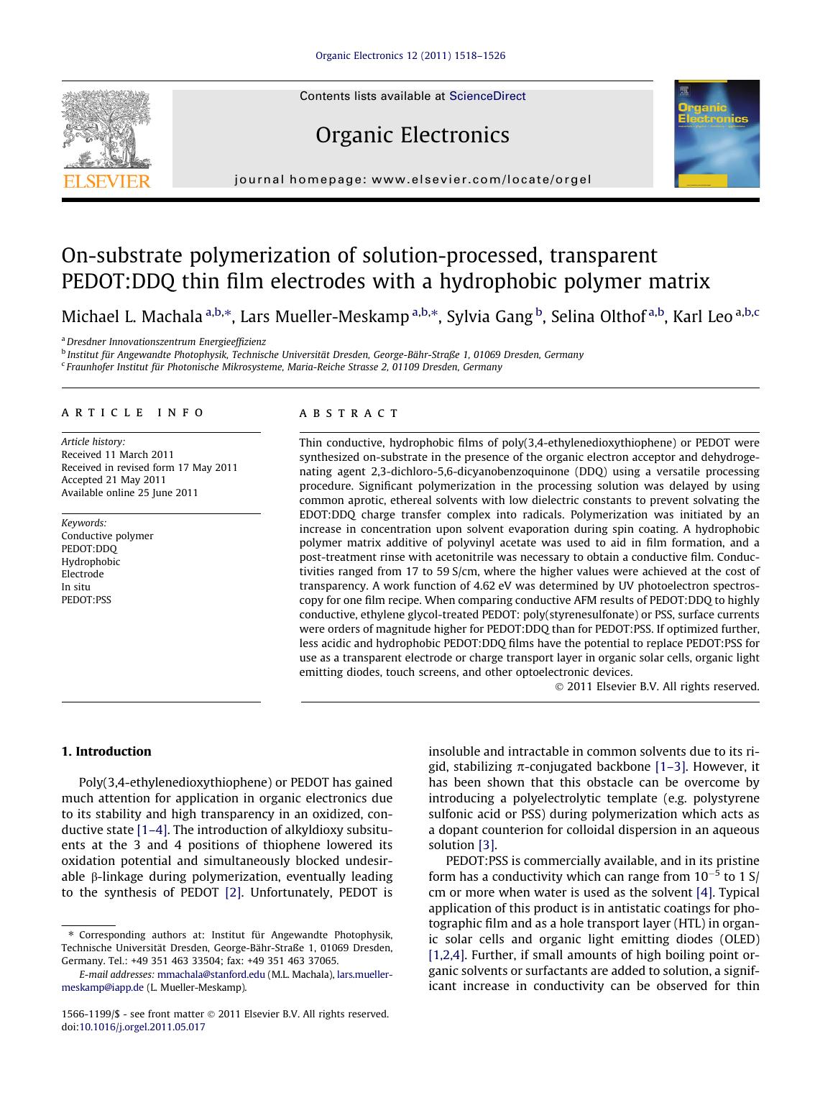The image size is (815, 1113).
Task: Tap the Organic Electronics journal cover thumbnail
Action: coord(717,134)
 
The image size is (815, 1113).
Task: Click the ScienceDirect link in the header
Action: coord(487,96)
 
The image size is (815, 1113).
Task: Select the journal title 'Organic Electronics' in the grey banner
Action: coord(412,135)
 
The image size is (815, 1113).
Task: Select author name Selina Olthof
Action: coord(598,317)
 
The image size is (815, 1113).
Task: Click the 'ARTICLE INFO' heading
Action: coord(133,413)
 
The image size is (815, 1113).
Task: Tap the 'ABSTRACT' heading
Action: coord(349,413)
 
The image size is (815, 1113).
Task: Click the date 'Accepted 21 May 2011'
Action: coord(114,480)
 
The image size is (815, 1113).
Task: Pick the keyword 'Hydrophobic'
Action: coord(91,562)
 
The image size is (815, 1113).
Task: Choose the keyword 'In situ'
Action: coord(75,587)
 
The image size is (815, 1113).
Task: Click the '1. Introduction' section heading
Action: coord(106,751)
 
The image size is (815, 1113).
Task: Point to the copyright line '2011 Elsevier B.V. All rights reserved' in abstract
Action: coord(663,687)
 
